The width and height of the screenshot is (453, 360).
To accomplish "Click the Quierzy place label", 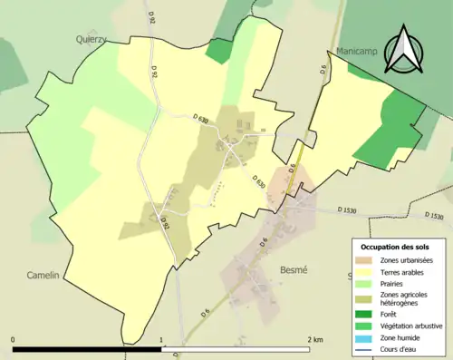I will (x=92, y=39).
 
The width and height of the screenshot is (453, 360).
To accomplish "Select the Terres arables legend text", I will (x=404, y=274).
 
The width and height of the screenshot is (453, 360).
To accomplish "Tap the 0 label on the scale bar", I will (x=13, y=340).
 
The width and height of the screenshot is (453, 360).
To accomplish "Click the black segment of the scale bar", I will (x=87, y=348).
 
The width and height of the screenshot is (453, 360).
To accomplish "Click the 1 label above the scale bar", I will (x=161, y=340).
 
